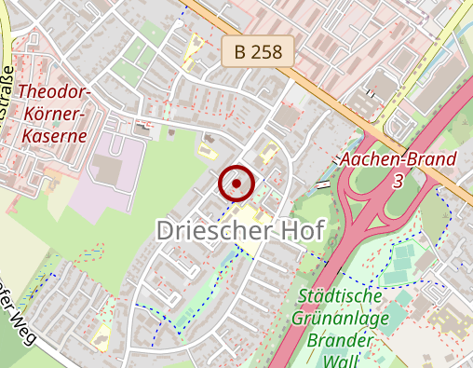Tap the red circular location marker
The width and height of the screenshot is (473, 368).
pos(236,184)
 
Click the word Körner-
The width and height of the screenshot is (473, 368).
pos(54,114)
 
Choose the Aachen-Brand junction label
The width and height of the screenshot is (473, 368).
pos(398,158)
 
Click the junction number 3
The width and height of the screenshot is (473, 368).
pos(398,181)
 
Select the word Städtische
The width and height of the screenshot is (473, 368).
pos(341,296)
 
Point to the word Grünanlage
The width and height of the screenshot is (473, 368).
pos(341,319)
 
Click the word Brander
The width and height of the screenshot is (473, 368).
pos(340,340)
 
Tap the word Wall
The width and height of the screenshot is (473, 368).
pos(340,360)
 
